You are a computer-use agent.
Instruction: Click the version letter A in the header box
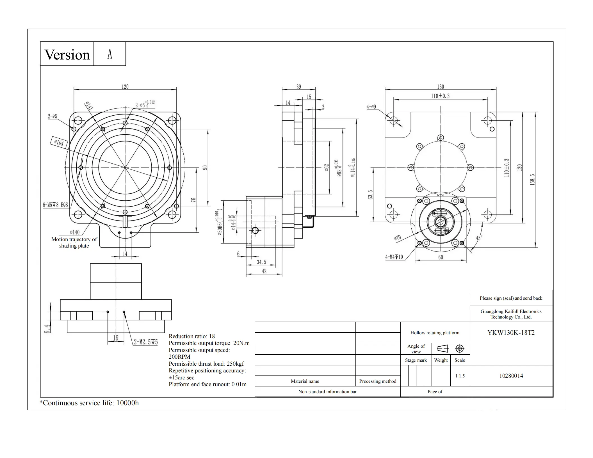click(110, 54)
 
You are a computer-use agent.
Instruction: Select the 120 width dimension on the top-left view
click(125, 87)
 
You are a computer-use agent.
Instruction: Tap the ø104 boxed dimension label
click(59, 143)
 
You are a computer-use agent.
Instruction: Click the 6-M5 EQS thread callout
click(55, 205)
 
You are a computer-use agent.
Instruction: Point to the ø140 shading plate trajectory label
click(75, 232)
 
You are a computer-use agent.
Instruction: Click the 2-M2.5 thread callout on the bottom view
click(145, 342)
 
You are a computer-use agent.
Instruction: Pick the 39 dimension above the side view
click(299, 87)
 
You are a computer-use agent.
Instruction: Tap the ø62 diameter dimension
click(327, 168)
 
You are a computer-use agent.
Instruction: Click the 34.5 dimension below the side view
click(261, 262)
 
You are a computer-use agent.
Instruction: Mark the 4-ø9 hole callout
click(371, 107)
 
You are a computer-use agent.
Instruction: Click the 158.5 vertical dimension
click(532, 180)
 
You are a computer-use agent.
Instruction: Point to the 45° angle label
click(479, 238)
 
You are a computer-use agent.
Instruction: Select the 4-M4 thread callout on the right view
click(394, 257)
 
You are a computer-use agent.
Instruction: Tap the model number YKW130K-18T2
click(511, 333)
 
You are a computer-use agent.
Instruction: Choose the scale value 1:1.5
click(460, 376)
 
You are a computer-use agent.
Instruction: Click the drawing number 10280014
click(511, 376)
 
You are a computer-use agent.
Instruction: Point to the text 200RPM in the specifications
click(179, 357)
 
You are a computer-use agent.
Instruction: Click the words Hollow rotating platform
click(435, 333)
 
